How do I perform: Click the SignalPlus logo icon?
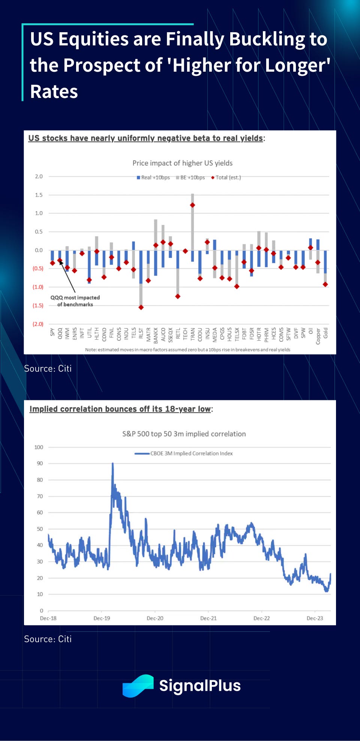138,686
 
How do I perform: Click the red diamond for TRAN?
192,205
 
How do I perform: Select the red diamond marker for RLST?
141,307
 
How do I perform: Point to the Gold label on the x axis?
325,333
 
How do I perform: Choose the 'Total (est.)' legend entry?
226,177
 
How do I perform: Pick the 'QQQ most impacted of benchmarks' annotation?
75,301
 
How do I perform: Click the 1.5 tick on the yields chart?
39,195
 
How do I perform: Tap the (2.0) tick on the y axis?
38,324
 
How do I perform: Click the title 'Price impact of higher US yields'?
182,163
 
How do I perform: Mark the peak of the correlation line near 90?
112,464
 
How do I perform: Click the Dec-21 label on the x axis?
208,618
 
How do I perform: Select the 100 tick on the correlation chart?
39,447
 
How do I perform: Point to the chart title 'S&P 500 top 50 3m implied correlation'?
184,434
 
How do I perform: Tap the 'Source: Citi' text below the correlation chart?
48,639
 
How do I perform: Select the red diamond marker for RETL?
178,296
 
